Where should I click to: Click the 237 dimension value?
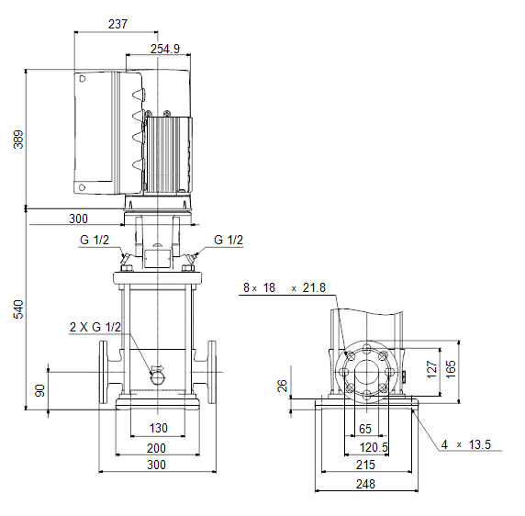click(x=117, y=24)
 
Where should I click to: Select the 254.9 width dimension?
click(x=164, y=49)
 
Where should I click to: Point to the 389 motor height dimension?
click(x=18, y=140)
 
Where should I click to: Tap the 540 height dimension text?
click(x=18, y=309)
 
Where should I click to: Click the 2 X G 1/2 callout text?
click(x=95, y=327)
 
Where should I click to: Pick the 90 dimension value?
click(x=39, y=391)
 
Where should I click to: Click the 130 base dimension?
click(x=159, y=428)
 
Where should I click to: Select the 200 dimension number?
click(x=156, y=448)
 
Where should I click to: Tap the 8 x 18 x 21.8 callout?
click(x=285, y=287)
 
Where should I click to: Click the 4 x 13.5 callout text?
click(x=465, y=444)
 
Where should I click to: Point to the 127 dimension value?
click(x=432, y=370)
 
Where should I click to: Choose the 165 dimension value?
click(x=451, y=369)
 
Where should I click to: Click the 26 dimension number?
click(x=283, y=386)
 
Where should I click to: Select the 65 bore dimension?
click(x=365, y=429)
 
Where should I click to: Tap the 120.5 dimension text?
click(x=374, y=447)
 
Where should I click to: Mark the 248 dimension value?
click(x=365, y=484)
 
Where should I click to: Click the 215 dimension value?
click(x=365, y=465)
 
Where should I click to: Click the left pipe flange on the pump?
click(x=103, y=372)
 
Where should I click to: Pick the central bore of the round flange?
click(x=367, y=372)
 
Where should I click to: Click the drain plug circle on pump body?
click(x=158, y=377)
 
